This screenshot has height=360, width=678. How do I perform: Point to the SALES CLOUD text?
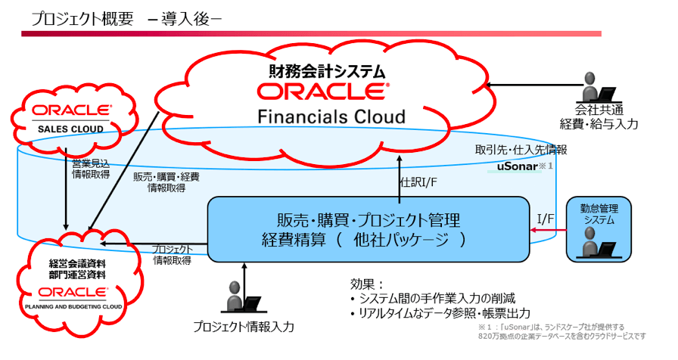[x=70, y=129]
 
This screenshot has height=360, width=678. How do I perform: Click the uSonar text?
[x=517, y=166]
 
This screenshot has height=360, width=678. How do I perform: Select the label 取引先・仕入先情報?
[x=521, y=151]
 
